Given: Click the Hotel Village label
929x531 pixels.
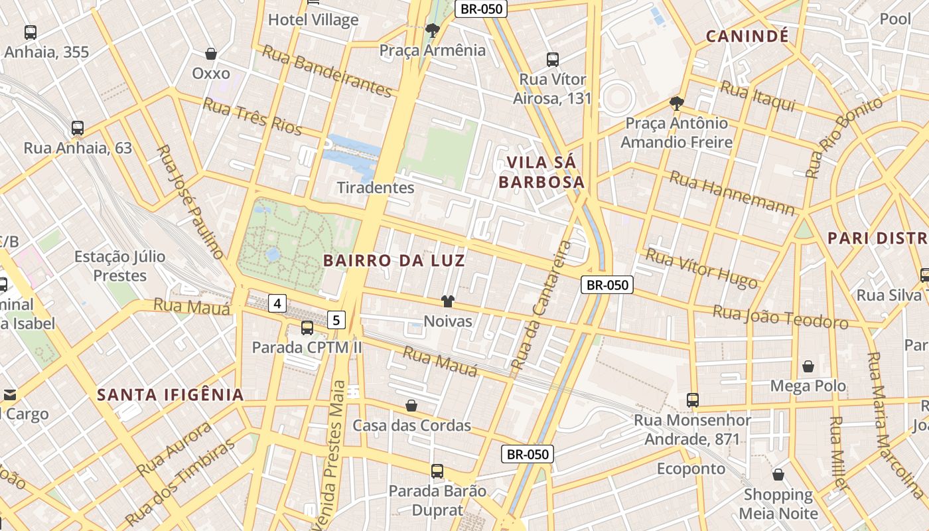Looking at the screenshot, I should pyautogui.click(x=313, y=20).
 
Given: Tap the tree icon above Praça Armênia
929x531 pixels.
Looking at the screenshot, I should pyautogui.click(x=433, y=31).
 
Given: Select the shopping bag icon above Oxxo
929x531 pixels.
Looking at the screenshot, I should pyautogui.click(x=211, y=54).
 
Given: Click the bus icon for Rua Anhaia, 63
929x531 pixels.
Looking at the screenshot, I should pyautogui.click(x=78, y=128).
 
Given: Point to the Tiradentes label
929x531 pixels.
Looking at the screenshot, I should pyautogui.click(x=376, y=188).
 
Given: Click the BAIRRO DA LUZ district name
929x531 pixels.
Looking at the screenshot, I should pyautogui.click(x=394, y=261).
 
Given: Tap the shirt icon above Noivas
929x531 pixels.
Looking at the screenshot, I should pyautogui.click(x=448, y=302).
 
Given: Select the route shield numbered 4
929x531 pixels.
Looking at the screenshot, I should pyautogui.click(x=277, y=304).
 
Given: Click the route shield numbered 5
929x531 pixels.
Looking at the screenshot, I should pyautogui.click(x=336, y=321).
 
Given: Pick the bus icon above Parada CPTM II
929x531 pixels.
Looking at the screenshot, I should pyautogui.click(x=307, y=327).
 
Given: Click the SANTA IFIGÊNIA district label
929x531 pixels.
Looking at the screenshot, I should pyautogui.click(x=171, y=396).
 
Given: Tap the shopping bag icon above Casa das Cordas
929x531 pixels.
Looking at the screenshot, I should pyautogui.click(x=411, y=406).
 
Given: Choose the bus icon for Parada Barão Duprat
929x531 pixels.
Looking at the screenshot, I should pyautogui.click(x=437, y=471).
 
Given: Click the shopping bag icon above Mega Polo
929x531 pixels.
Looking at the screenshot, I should pyautogui.click(x=808, y=366).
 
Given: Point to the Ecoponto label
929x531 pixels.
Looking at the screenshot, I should pyautogui.click(x=691, y=469).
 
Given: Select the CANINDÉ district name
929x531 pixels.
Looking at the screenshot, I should pyautogui.click(x=747, y=36).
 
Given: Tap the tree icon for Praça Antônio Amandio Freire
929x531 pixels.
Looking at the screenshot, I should pyautogui.click(x=677, y=104).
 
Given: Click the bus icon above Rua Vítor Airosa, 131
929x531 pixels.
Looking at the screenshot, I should pyautogui.click(x=553, y=60).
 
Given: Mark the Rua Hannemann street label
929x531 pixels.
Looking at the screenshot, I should pyautogui.click(x=732, y=194).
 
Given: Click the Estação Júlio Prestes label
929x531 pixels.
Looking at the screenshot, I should pyautogui.click(x=119, y=265).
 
